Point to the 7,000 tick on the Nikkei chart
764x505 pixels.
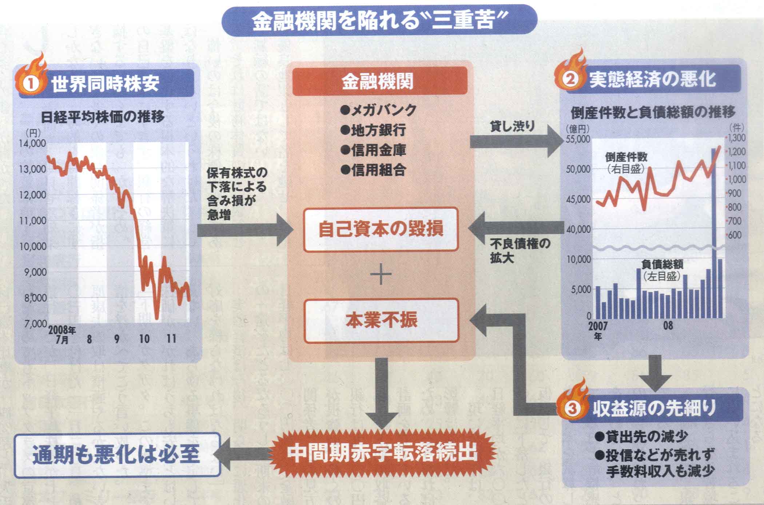tap(35, 323)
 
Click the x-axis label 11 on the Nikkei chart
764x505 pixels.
tap(171, 339)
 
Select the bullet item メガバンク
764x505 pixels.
tap(378, 110)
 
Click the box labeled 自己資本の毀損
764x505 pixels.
tap(381, 229)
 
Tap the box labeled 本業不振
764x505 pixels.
tap(381, 320)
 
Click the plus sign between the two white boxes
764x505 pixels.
tap(381, 274)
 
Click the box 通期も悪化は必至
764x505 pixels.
tap(117, 454)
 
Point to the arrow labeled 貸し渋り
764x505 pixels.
tap(517, 142)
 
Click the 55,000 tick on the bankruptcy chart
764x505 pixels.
tap(578, 139)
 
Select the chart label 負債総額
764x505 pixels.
tap(662, 264)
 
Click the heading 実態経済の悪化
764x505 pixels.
tap(652, 80)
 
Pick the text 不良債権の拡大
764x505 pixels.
tap(520, 251)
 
